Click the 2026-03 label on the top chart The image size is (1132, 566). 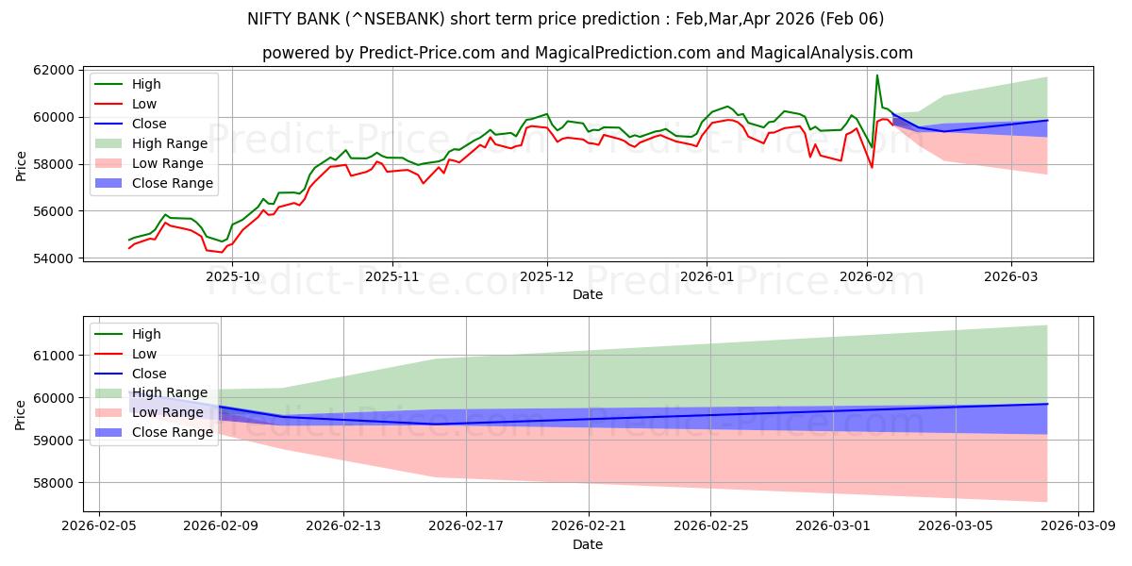tap(1011, 277)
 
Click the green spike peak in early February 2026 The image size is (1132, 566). tap(877, 75)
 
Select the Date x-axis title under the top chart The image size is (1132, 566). tap(588, 295)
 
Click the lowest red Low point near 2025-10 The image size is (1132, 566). tap(222, 252)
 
